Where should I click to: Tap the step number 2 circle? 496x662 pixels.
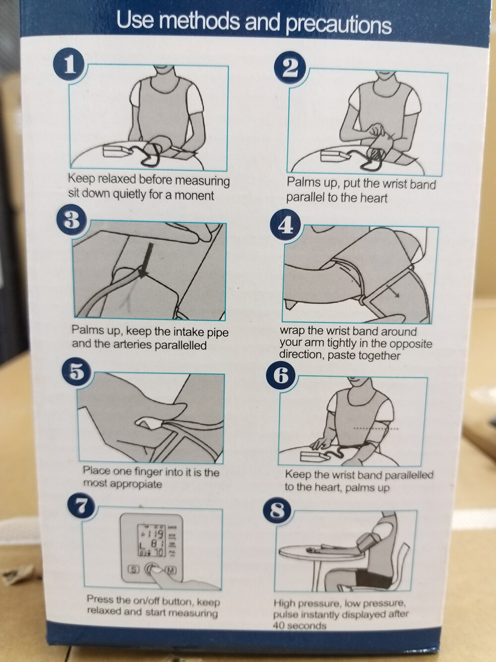tap(290, 70)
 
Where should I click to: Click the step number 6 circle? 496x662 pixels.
tap(280, 377)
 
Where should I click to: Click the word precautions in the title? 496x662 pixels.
tap(338, 25)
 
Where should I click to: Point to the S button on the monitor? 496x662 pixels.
tap(133, 570)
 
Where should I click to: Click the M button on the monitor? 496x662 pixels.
tap(171, 570)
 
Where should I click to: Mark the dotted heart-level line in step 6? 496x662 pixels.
tap(375, 429)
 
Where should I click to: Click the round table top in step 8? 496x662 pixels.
tap(321, 552)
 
